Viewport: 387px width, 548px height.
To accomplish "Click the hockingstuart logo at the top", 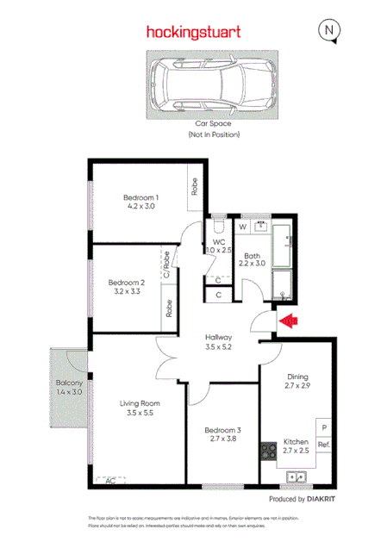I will click(x=193, y=32).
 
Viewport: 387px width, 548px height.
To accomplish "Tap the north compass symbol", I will click(x=329, y=30).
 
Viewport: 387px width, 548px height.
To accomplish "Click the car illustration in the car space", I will click(x=213, y=84).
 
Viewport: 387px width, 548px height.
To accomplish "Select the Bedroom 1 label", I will click(x=143, y=197).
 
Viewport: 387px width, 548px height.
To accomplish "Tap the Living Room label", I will click(x=140, y=402).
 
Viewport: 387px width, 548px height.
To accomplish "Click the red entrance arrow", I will click(x=290, y=321).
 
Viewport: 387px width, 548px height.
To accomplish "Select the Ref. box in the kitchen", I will click(x=324, y=445).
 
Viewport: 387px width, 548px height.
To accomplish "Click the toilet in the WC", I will click(x=217, y=228).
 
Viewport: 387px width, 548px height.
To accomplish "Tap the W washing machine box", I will click(x=242, y=227).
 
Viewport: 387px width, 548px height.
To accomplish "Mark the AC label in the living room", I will click(x=109, y=481).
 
